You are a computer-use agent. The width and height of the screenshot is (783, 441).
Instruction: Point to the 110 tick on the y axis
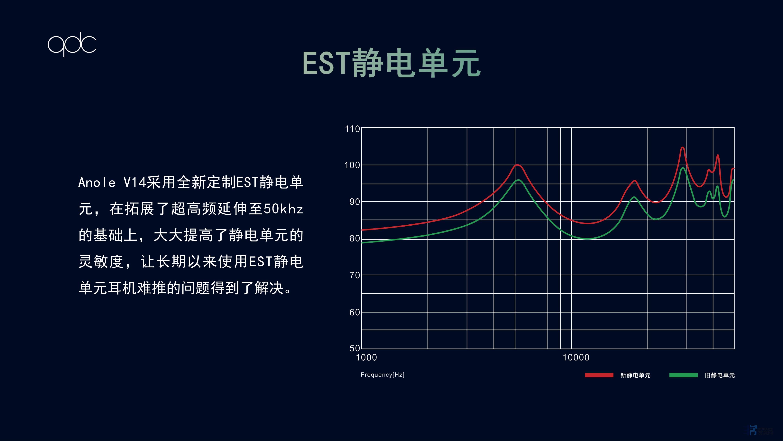[352, 129]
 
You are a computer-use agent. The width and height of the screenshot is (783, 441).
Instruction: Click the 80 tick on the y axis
[355, 238]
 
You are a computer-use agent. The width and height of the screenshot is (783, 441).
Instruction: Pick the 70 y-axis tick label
[355, 275]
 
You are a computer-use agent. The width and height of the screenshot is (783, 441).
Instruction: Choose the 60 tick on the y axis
[355, 312]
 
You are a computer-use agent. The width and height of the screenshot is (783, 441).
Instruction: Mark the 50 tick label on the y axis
[355, 348]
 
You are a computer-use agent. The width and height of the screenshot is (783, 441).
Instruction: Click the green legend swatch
[684, 375]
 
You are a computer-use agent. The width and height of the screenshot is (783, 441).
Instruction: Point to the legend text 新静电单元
[635, 375]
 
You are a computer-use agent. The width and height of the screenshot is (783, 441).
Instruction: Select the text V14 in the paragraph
[135, 182]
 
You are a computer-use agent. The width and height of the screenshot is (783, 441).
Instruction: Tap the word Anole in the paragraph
[97, 182]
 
